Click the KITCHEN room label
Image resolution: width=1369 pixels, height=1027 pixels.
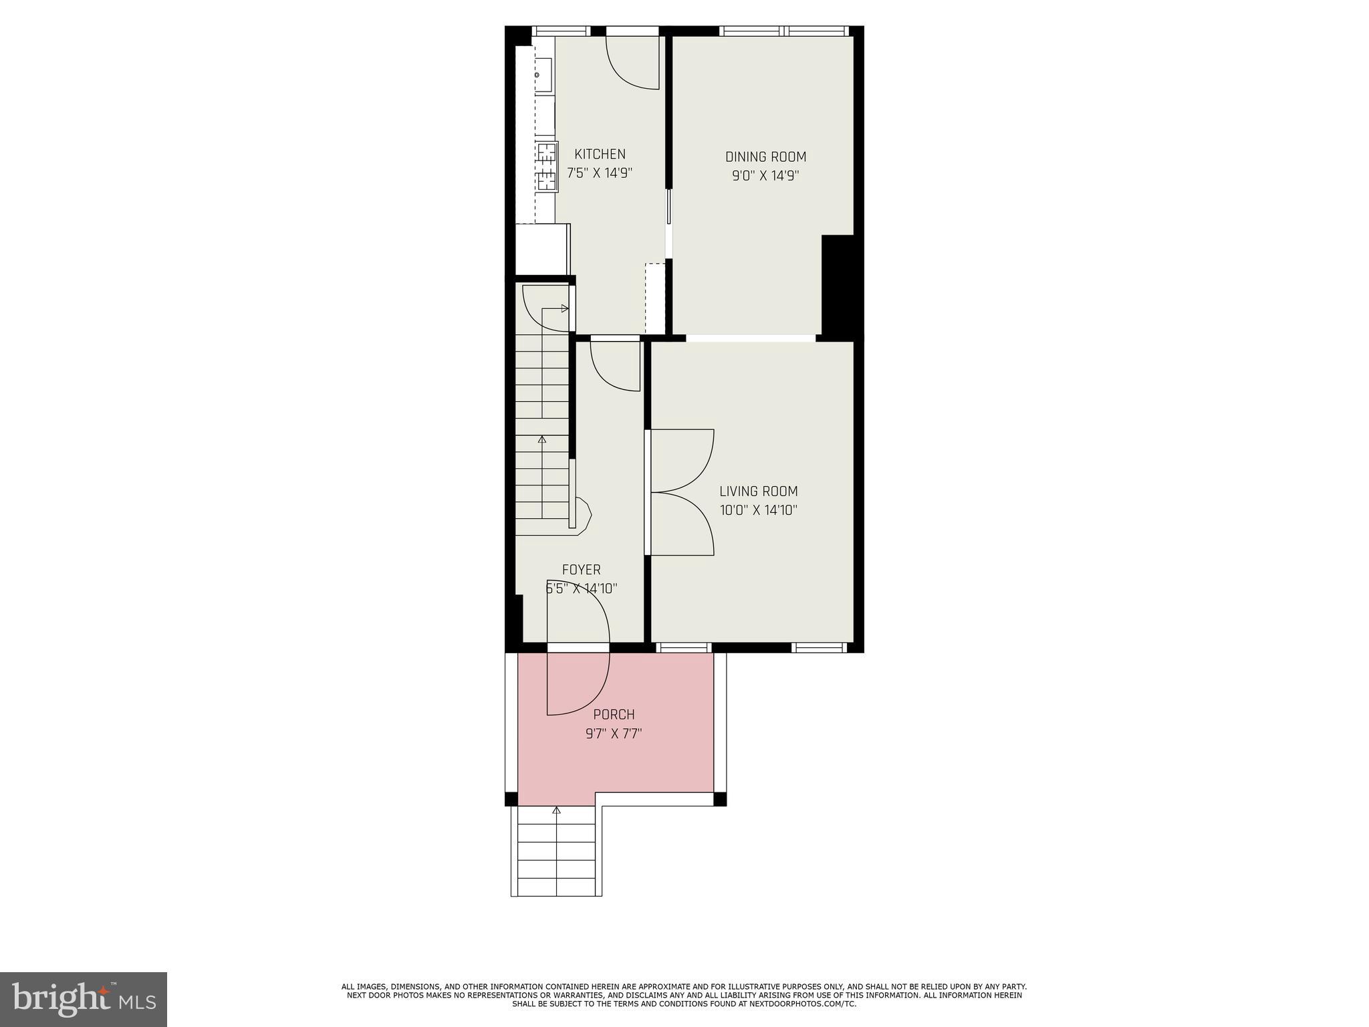click(600, 154)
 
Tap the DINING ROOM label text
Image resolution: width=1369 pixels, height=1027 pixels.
click(765, 157)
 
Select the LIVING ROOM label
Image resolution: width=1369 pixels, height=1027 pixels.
click(758, 491)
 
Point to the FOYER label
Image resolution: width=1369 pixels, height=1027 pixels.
click(581, 570)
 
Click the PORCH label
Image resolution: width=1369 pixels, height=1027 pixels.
click(614, 715)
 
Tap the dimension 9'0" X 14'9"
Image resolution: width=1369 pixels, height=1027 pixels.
click(765, 176)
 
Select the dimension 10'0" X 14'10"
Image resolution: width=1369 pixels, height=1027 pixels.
click(758, 510)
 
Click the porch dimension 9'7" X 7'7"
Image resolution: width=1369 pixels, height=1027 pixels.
click(614, 733)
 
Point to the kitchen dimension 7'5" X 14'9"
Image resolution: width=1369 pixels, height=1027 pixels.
click(600, 173)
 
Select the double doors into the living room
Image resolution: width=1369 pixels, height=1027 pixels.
click(682, 492)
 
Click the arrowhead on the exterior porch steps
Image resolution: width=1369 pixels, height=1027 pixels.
click(556, 810)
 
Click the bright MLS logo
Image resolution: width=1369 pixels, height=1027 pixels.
click(83, 999)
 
